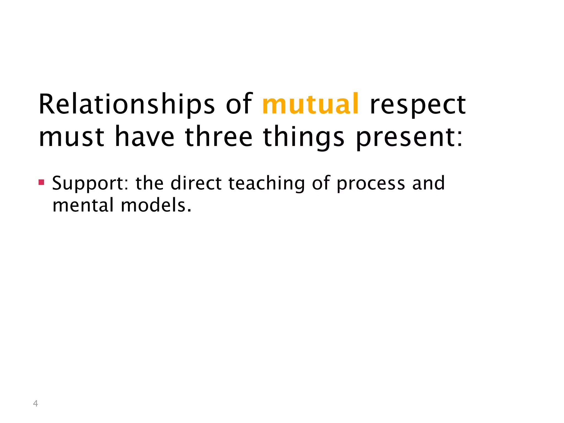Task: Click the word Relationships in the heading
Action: [127, 105]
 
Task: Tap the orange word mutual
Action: [310, 104]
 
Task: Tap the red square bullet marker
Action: [41, 182]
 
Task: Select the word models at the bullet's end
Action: [156, 205]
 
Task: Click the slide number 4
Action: [35, 403]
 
